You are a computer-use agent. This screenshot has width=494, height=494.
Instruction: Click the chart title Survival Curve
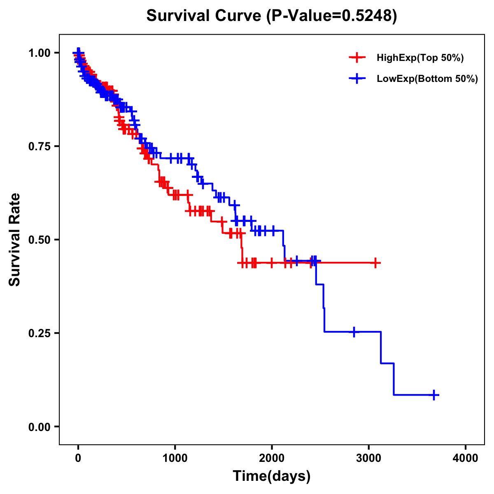pyautogui.click(x=204, y=16)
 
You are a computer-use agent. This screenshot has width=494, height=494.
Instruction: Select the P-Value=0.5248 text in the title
pyautogui.click(x=331, y=16)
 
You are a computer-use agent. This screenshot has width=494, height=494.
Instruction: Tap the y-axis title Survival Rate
pyautogui.click(x=15, y=239)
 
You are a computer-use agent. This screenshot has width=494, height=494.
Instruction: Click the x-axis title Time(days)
pyautogui.click(x=272, y=476)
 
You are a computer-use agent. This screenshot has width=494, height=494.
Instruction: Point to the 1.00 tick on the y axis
pyautogui.click(x=39, y=53)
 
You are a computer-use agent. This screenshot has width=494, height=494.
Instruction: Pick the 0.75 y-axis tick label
pyautogui.click(x=39, y=146)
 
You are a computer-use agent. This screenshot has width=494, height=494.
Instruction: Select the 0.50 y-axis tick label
pyautogui.click(x=39, y=240)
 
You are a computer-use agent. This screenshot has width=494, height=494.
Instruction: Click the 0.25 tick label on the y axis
pyautogui.click(x=39, y=333)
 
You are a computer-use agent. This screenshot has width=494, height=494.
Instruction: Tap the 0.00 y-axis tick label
pyautogui.click(x=39, y=426)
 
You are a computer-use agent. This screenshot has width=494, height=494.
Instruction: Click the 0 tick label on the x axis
pyautogui.click(x=78, y=458)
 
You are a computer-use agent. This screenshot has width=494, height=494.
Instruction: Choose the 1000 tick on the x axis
pyautogui.click(x=175, y=458)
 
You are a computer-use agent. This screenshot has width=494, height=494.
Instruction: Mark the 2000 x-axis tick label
pyautogui.click(x=272, y=458)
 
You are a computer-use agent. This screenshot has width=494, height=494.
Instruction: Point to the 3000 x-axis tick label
pyautogui.click(x=369, y=458)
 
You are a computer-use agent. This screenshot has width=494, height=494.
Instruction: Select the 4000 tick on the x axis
pyautogui.click(x=466, y=458)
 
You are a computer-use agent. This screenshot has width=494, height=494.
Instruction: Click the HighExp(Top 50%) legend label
pyautogui.click(x=420, y=58)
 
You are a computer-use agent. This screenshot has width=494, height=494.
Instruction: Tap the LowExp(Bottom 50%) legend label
pyautogui.click(x=427, y=79)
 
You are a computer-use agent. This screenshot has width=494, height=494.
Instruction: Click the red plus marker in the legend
pyautogui.click(x=357, y=58)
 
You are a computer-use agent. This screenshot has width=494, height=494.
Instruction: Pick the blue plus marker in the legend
pyautogui.click(x=357, y=79)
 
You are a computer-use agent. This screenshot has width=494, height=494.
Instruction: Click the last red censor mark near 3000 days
pyautogui.click(x=375, y=263)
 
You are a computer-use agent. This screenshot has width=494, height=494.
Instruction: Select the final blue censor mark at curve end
pyautogui.click(x=433, y=395)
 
